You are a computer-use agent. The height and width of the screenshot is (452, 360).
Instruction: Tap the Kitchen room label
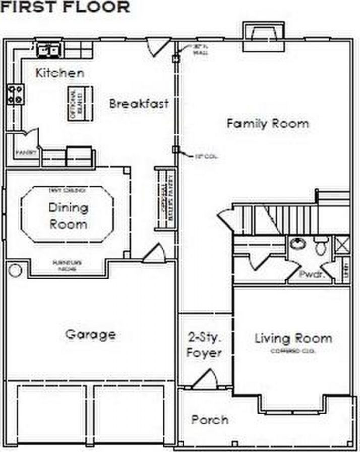(59, 73)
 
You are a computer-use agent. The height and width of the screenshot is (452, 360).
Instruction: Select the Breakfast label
(139, 104)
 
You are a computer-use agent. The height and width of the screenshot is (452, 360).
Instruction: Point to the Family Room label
(267, 123)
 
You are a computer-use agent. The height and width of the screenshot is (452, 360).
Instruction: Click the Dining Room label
(68, 215)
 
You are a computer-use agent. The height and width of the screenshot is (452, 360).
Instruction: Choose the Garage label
(90, 334)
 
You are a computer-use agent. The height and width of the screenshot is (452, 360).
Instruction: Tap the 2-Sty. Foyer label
(204, 345)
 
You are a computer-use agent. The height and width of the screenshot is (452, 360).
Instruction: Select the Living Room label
(293, 338)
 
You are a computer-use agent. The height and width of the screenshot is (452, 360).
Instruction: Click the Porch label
(209, 420)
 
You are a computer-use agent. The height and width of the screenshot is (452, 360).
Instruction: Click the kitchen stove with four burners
(15, 94)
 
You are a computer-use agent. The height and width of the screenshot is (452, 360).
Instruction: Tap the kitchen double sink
(49, 49)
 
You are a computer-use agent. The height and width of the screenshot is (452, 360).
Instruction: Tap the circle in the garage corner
(15, 270)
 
